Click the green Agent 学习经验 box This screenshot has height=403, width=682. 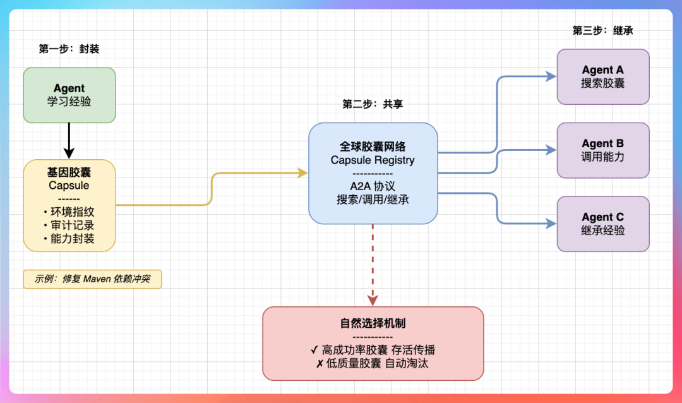point(69,95)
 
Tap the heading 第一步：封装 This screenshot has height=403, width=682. point(69,49)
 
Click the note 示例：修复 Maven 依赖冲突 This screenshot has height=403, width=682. point(92,279)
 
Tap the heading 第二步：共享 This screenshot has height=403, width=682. point(373,104)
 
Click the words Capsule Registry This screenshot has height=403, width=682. point(373,160)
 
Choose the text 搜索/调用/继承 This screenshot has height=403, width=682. point(373,199)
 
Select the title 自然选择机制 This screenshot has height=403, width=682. point(373,323)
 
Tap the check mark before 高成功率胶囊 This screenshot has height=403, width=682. point(314,350)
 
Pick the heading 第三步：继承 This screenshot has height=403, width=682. point(602,30)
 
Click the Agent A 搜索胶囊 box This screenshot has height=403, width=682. point(602,76)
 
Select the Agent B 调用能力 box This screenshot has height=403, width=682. point(602,150)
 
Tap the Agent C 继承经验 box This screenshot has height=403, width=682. point(602,224)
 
